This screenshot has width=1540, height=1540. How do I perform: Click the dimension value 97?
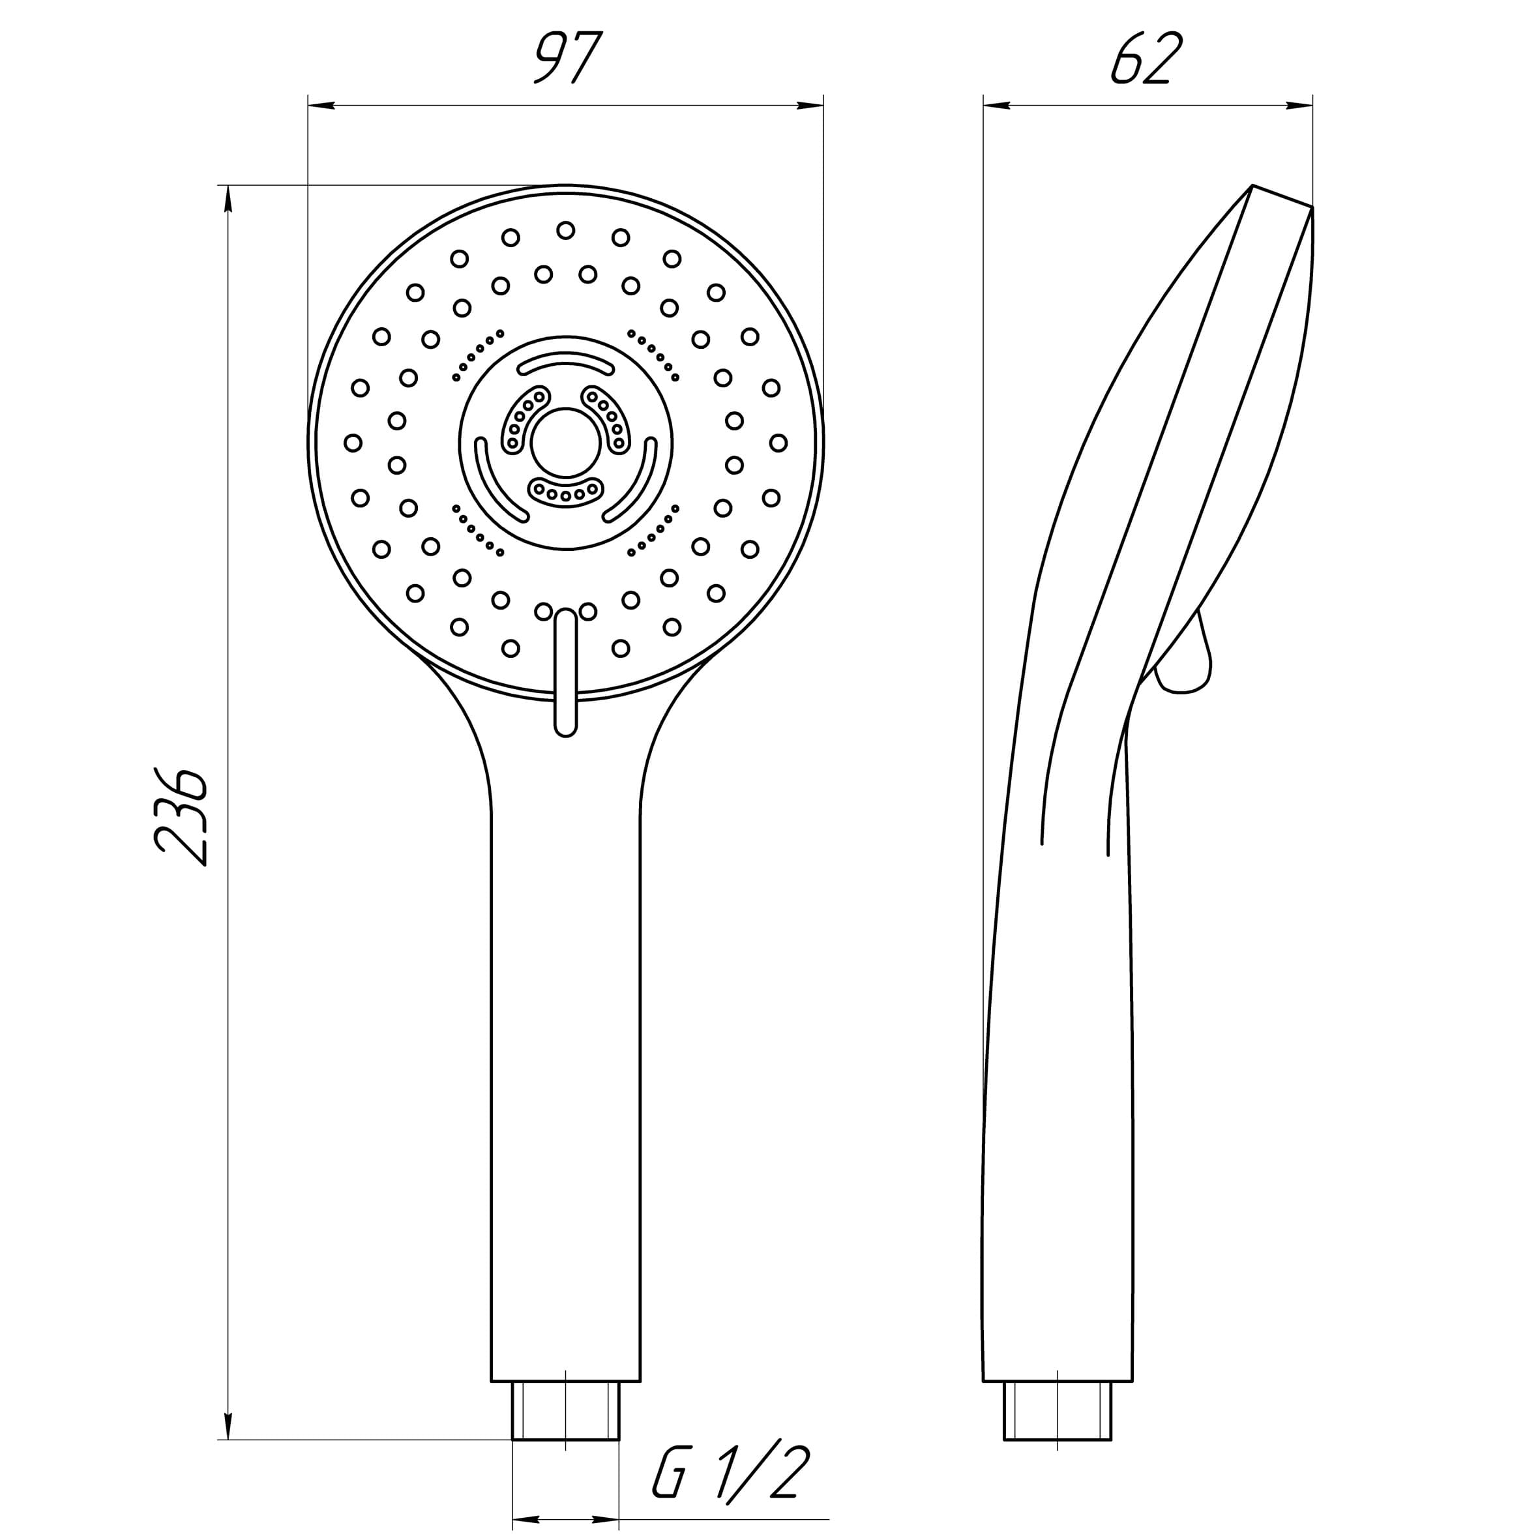(567, 58)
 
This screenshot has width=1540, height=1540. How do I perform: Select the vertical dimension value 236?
(182, 816)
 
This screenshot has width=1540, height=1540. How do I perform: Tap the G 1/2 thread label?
(731, 1472)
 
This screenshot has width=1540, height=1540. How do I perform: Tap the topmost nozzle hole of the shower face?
(566, 230)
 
